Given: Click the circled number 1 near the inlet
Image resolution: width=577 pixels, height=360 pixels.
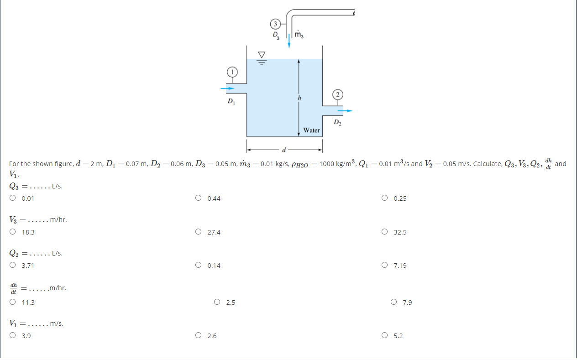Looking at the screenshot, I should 232,72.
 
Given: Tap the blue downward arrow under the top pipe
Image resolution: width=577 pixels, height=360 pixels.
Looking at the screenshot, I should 289,42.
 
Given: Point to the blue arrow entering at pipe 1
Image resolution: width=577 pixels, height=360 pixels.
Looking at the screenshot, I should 227,88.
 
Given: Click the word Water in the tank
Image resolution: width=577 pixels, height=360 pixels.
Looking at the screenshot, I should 311,130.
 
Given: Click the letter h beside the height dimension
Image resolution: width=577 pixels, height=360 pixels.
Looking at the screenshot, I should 299,98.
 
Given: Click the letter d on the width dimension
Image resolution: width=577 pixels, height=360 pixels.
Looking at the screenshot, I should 284,149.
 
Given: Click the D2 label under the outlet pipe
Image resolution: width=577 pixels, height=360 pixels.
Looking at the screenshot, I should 337,122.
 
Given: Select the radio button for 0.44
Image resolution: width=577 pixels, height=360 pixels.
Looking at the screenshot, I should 198,198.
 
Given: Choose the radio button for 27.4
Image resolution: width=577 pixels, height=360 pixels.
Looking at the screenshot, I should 198,232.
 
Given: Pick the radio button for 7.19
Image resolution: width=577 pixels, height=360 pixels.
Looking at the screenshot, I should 384,265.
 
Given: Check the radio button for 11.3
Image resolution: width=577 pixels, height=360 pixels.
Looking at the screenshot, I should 13,302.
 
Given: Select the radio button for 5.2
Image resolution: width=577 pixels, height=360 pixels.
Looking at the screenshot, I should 384,336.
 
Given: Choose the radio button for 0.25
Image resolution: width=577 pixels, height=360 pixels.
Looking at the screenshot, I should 384,198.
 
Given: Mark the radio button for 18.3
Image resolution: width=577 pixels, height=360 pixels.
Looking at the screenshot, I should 13,232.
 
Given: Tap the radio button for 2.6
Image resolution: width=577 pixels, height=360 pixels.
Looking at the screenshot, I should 198,336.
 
